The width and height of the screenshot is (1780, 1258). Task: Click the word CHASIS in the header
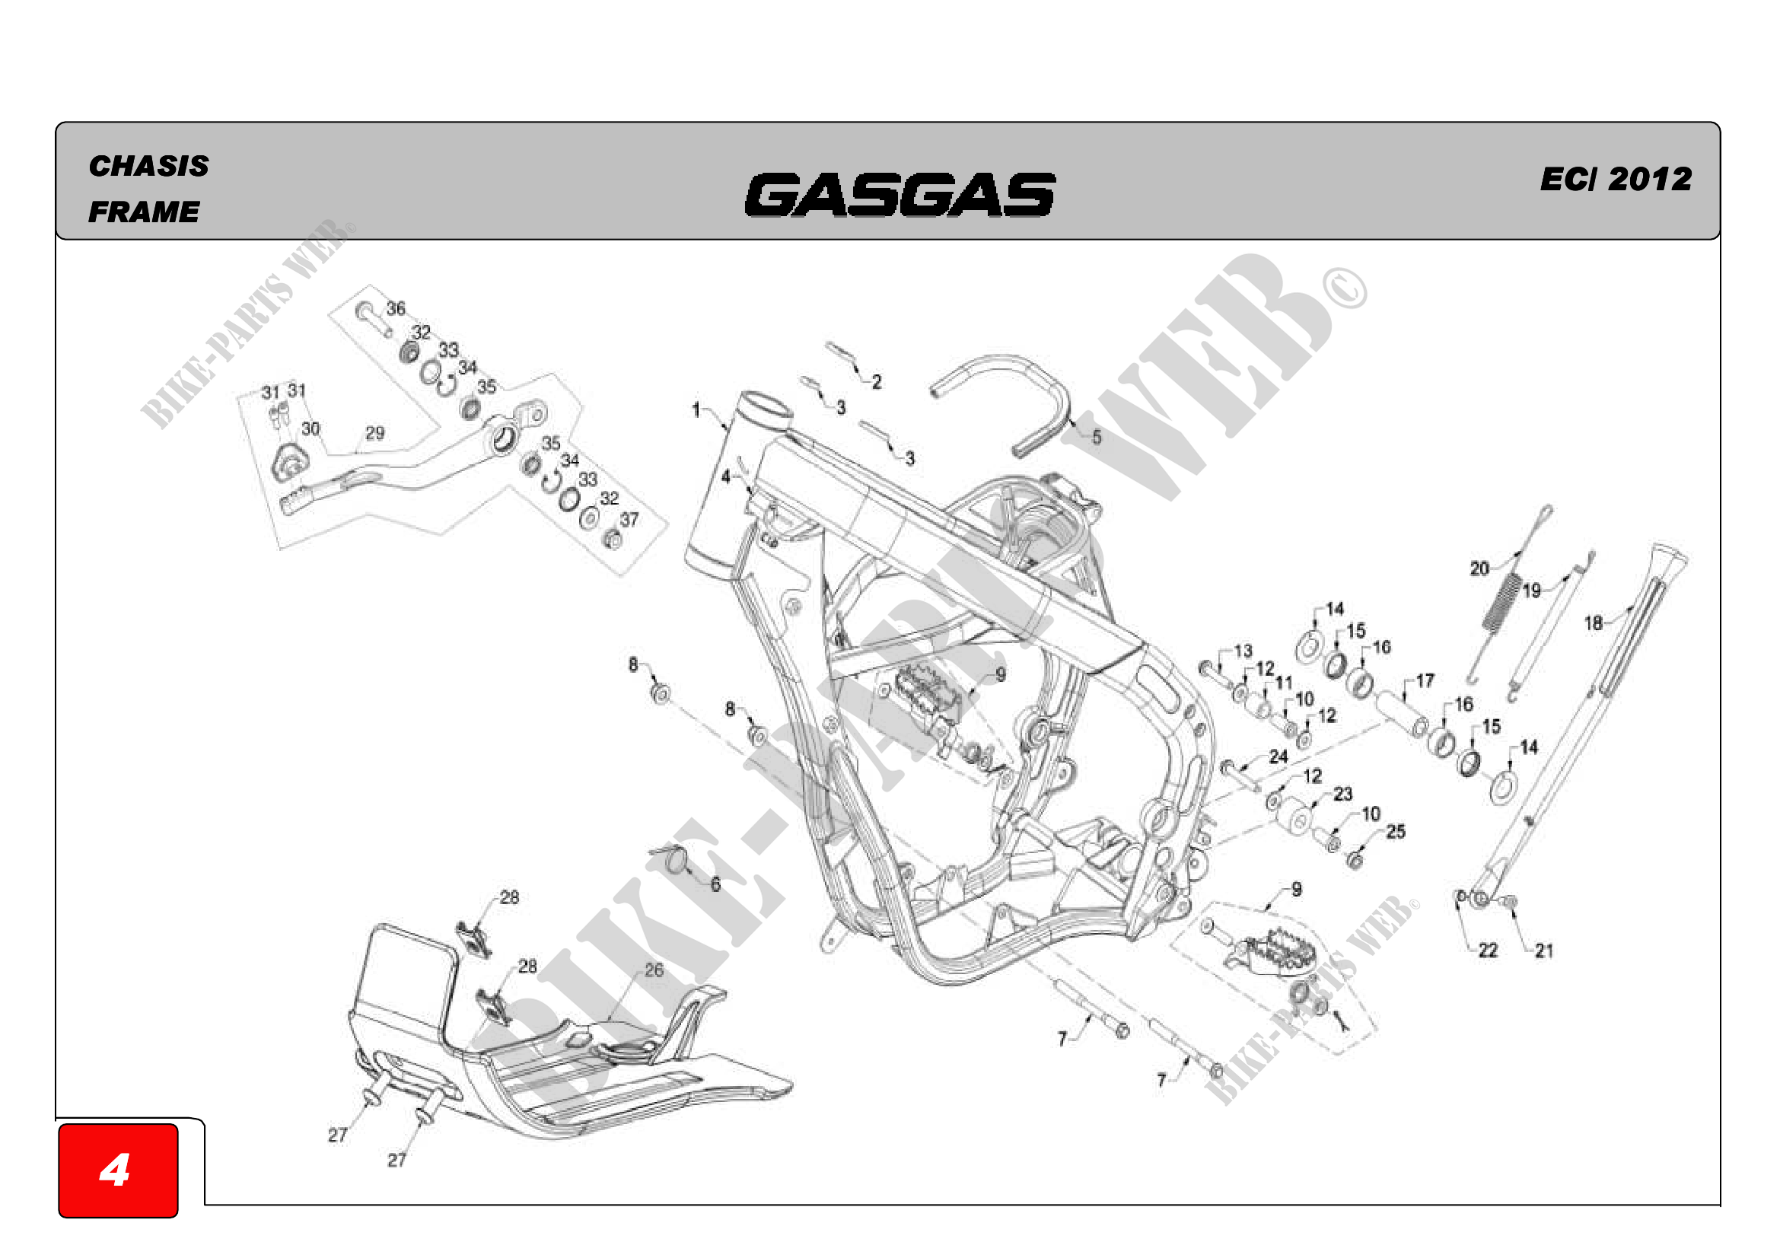click(x=149, y=166)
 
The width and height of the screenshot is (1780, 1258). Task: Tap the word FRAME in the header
click(x=144, y=212)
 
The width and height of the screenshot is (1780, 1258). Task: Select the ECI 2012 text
click(x=1616, y=179)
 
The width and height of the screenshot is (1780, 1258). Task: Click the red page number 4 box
click(x=118, y=1170)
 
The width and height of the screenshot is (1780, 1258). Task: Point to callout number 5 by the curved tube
click(x=1096, y=437)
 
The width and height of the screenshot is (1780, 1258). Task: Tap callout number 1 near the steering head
click(x=696, y=409)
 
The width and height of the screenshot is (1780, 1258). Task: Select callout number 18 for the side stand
click(x=1593, y=623)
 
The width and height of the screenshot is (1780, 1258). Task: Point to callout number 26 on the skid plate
click(x=654, y=970)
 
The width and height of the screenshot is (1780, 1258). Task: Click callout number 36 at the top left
click(x=396, y=308)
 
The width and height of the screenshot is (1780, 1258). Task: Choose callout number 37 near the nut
click(x=629, y=519)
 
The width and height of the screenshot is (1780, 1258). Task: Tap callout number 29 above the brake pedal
click(x=374, y=433)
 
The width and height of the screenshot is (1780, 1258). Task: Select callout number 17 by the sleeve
click(x=1425, y=680)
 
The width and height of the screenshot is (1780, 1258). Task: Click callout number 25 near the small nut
click(x=1396, y=832)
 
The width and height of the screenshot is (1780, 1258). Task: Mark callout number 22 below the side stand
click(x=1488, y=951)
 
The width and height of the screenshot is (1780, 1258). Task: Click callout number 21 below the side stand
click(x=1544, y=951)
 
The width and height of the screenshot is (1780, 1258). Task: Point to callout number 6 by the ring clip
click(x=715, y=884)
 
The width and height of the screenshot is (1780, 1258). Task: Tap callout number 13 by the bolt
click(x=1243, y=651)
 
